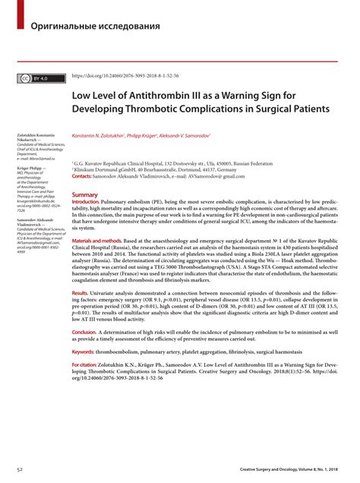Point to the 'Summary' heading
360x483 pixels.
point(84,195)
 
